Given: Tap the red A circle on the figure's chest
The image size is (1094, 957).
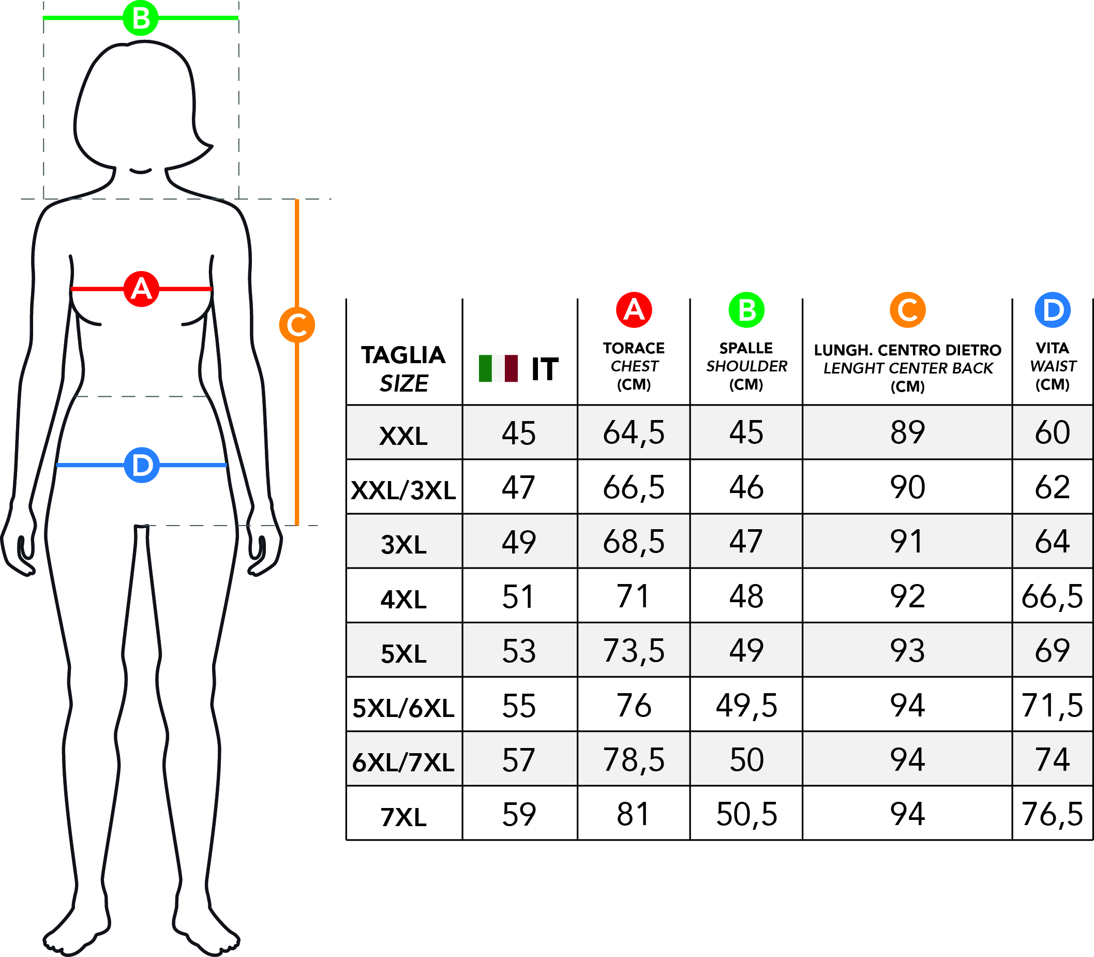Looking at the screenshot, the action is click(141, 289).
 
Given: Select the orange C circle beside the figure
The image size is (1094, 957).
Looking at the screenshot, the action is click(297, 325).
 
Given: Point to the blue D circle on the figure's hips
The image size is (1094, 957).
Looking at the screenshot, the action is click(142, 465).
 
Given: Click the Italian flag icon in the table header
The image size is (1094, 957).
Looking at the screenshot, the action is click(498, 368).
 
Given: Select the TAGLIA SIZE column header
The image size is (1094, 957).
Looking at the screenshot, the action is click(403, 369).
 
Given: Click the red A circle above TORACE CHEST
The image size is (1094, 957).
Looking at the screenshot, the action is click(634, 310).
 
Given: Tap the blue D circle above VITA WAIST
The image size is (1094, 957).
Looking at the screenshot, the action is click(1052, 310).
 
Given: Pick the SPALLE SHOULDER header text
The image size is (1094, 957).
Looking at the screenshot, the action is click(746, 366).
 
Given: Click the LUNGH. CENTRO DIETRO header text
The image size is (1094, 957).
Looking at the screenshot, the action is click(908, 350).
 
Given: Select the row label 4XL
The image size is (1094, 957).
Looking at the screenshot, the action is click(403, 599).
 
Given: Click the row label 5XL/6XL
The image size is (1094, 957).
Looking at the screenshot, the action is click(403, 708).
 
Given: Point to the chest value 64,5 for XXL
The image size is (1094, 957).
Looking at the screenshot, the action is click(634, 432).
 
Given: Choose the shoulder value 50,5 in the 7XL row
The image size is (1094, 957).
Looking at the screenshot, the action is click(746, 814).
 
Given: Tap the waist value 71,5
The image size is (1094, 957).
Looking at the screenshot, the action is click(1052, 706).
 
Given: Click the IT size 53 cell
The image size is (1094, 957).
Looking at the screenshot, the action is click(519, 651).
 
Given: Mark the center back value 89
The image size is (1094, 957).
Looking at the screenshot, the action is click(908, 432).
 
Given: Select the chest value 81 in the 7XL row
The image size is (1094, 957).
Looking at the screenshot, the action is click(633, 814).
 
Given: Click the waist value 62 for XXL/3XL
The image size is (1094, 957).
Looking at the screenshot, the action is click(1052, 487).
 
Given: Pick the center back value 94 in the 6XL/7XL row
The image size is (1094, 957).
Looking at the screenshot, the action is click(908, 759).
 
